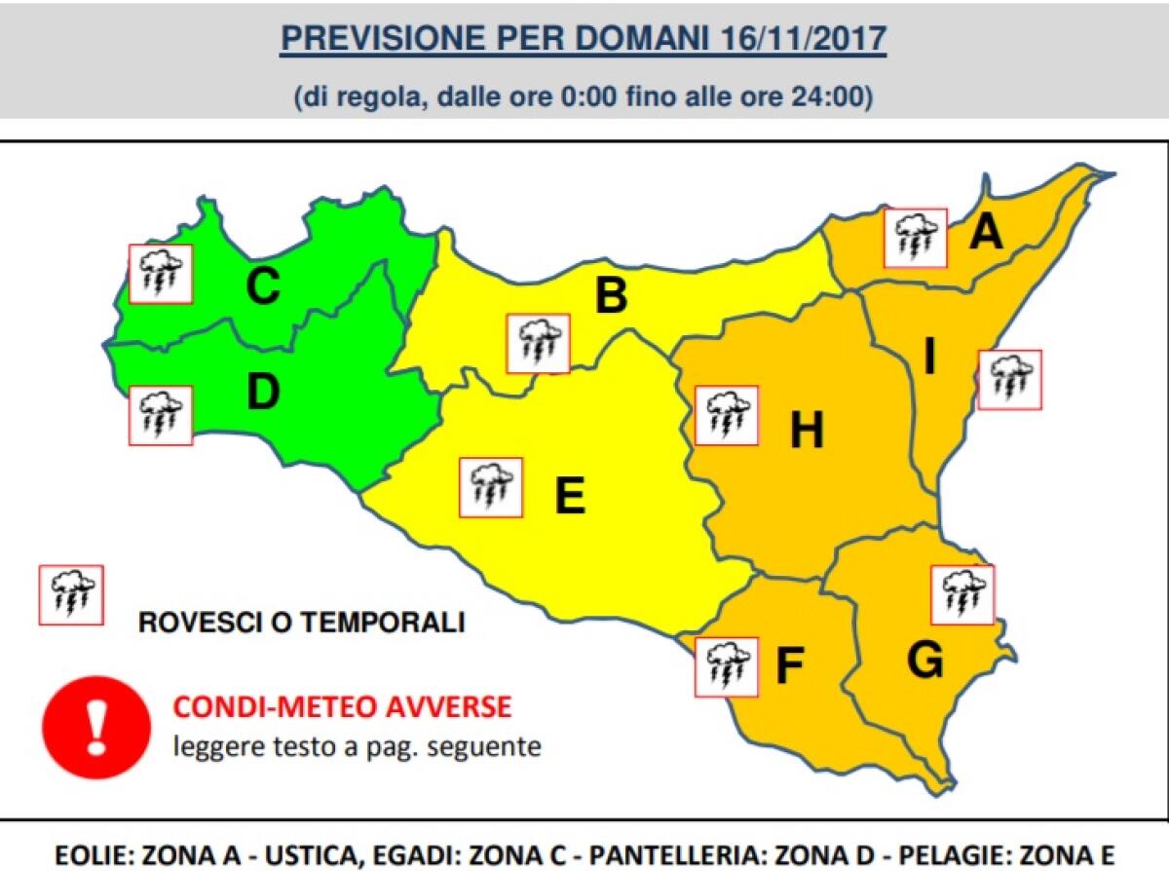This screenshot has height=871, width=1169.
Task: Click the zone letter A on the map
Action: [987, 232]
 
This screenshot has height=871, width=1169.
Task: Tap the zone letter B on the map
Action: [611, 295]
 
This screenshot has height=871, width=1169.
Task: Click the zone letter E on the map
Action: [569, 496]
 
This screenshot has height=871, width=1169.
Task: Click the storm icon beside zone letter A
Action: [916, 237]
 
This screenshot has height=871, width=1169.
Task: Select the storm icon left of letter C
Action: [161, 274]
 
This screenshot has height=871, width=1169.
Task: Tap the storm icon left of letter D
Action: [161, 415]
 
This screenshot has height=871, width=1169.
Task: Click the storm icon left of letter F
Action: [727, 666]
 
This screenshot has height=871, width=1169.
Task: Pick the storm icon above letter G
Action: [962, 594]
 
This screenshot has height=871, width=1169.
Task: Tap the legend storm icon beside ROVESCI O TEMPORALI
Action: [70, 595]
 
